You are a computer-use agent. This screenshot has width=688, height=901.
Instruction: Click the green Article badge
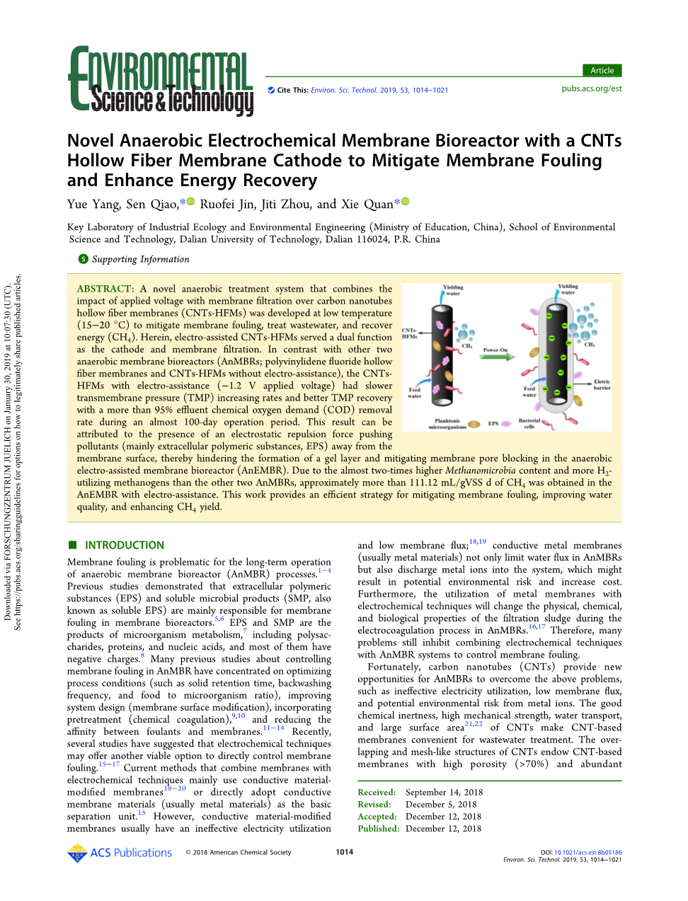pyautogui.click(x=602, y=70)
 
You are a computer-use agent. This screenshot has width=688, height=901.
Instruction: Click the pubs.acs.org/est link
pyautogui.click(x=591, y=88)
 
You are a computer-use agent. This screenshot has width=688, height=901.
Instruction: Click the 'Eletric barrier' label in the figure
pyautogui.click(x=602, y=384)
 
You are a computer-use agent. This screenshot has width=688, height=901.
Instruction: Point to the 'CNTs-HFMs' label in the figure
pyautogui.click(x=410, y=333)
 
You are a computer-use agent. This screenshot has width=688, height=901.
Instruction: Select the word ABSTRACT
pyautogui.click(x=105, y=289)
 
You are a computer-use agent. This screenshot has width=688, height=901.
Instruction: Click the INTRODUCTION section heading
pyautogui.click(x=124, y=545)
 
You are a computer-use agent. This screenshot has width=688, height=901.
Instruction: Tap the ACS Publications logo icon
pyautogui.click(x=76, y=853)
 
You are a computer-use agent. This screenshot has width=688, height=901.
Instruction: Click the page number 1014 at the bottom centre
pyautogui.click(x=345, y=852)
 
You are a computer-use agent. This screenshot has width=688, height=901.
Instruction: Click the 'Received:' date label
pyautogui.click(x=377, y=792)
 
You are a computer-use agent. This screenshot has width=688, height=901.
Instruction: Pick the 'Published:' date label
pyautogui.click(x=378, y=828)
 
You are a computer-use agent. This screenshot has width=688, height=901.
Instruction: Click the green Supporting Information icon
pyautogui.click(x=84, y=259)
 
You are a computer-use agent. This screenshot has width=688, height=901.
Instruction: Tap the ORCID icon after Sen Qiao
pyautogui.click(x=190, y=202)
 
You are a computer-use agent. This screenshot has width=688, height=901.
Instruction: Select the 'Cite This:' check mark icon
pyautogui.click(x=270, y=90)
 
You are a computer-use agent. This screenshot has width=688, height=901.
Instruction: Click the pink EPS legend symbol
pyautogui.click(x=506, y=423)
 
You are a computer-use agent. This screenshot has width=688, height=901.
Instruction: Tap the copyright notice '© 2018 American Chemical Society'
pyautogui.click(x=239, y=852)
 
